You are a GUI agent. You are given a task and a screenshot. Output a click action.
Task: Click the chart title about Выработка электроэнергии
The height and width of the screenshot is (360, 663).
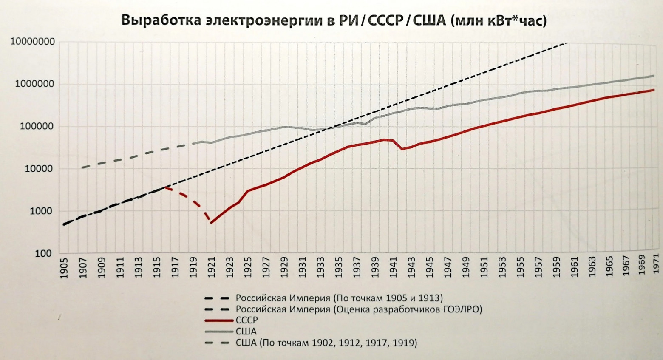tap(334, 20)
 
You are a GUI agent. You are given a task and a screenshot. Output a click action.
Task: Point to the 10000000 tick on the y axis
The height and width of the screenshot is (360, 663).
tap(32, 42)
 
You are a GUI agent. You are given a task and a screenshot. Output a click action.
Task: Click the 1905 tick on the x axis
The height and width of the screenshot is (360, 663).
tap(65, 268)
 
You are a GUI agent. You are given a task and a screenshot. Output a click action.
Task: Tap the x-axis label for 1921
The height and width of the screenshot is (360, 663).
tap(212, 268)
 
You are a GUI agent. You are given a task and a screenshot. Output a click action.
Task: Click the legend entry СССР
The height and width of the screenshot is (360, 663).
tap(246, 320)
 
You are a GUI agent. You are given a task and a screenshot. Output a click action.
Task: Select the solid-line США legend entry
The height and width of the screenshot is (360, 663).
tap(246, 332)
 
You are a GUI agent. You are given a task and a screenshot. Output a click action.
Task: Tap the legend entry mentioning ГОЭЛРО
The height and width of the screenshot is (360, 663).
tap(359, 309)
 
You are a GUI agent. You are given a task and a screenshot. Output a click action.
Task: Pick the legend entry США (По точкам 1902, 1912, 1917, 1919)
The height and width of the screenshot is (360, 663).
tap(326, 343)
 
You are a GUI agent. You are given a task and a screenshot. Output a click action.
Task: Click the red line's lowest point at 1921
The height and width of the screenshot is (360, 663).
tap(211, 223)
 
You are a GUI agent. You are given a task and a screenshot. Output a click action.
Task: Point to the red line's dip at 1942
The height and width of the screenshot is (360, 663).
tap(402, 149)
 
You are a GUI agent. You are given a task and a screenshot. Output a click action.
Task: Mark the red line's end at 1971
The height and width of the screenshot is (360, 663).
tap(654, 90)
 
